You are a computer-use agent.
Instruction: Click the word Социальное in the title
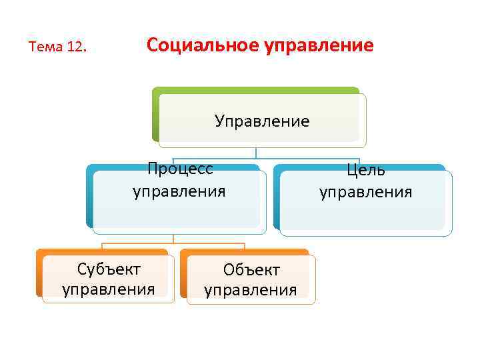click(194, 46)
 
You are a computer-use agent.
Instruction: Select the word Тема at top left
click(46, 48)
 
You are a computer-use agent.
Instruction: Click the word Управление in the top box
click(262, 121)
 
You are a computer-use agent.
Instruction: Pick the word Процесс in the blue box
click(180, 169)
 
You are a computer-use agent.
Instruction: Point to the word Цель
click(366, 170)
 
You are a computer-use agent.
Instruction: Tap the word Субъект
click(109, 269)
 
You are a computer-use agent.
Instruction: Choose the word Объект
click(251, 270)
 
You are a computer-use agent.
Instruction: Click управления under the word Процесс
click(179, 192)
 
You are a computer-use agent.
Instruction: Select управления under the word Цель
click(366, 193)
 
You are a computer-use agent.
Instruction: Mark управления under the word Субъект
click(109, 289)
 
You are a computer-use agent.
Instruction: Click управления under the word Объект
click(251, 290)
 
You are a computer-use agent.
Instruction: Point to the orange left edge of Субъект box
click(39, 273)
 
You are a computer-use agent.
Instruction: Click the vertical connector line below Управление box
click(256, 152)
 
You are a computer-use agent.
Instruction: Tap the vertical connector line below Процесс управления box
click(173, 237)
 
